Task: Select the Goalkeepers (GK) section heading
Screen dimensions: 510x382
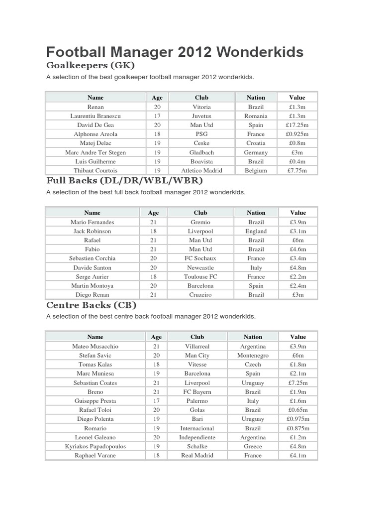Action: [x=90, y=65]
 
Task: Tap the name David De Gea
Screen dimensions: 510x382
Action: [x=95, y=125]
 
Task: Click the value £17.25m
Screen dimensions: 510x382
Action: [x=297, y=125]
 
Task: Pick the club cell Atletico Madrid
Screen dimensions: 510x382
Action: [x=201, y=170]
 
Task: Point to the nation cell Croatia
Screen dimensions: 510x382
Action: [x=256, y=143]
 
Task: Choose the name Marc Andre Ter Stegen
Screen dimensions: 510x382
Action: [x=95, y=152]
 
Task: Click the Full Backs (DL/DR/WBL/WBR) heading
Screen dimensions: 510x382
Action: [x=125, y=180]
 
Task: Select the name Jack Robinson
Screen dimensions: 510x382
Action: [x=92, y=231]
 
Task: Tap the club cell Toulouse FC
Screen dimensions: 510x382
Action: [x=200, y=276]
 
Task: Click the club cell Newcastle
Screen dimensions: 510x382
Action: [x=200, y=267]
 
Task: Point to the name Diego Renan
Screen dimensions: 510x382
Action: [x=92, y=294]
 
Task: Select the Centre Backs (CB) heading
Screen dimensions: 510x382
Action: [x=91, y=305]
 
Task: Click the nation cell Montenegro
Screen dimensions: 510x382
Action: [x=253, y=355]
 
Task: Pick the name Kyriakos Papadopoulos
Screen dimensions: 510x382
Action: [x=95, y=446]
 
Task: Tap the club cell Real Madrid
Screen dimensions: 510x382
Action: [x=197, y=455]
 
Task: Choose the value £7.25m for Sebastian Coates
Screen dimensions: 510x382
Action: [x=298, y=383]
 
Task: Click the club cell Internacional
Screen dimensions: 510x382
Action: [x=197, y=428]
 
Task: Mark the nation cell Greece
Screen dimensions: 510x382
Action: [x=253, y=446]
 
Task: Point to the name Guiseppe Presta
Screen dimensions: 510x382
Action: [x=95, y=400]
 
